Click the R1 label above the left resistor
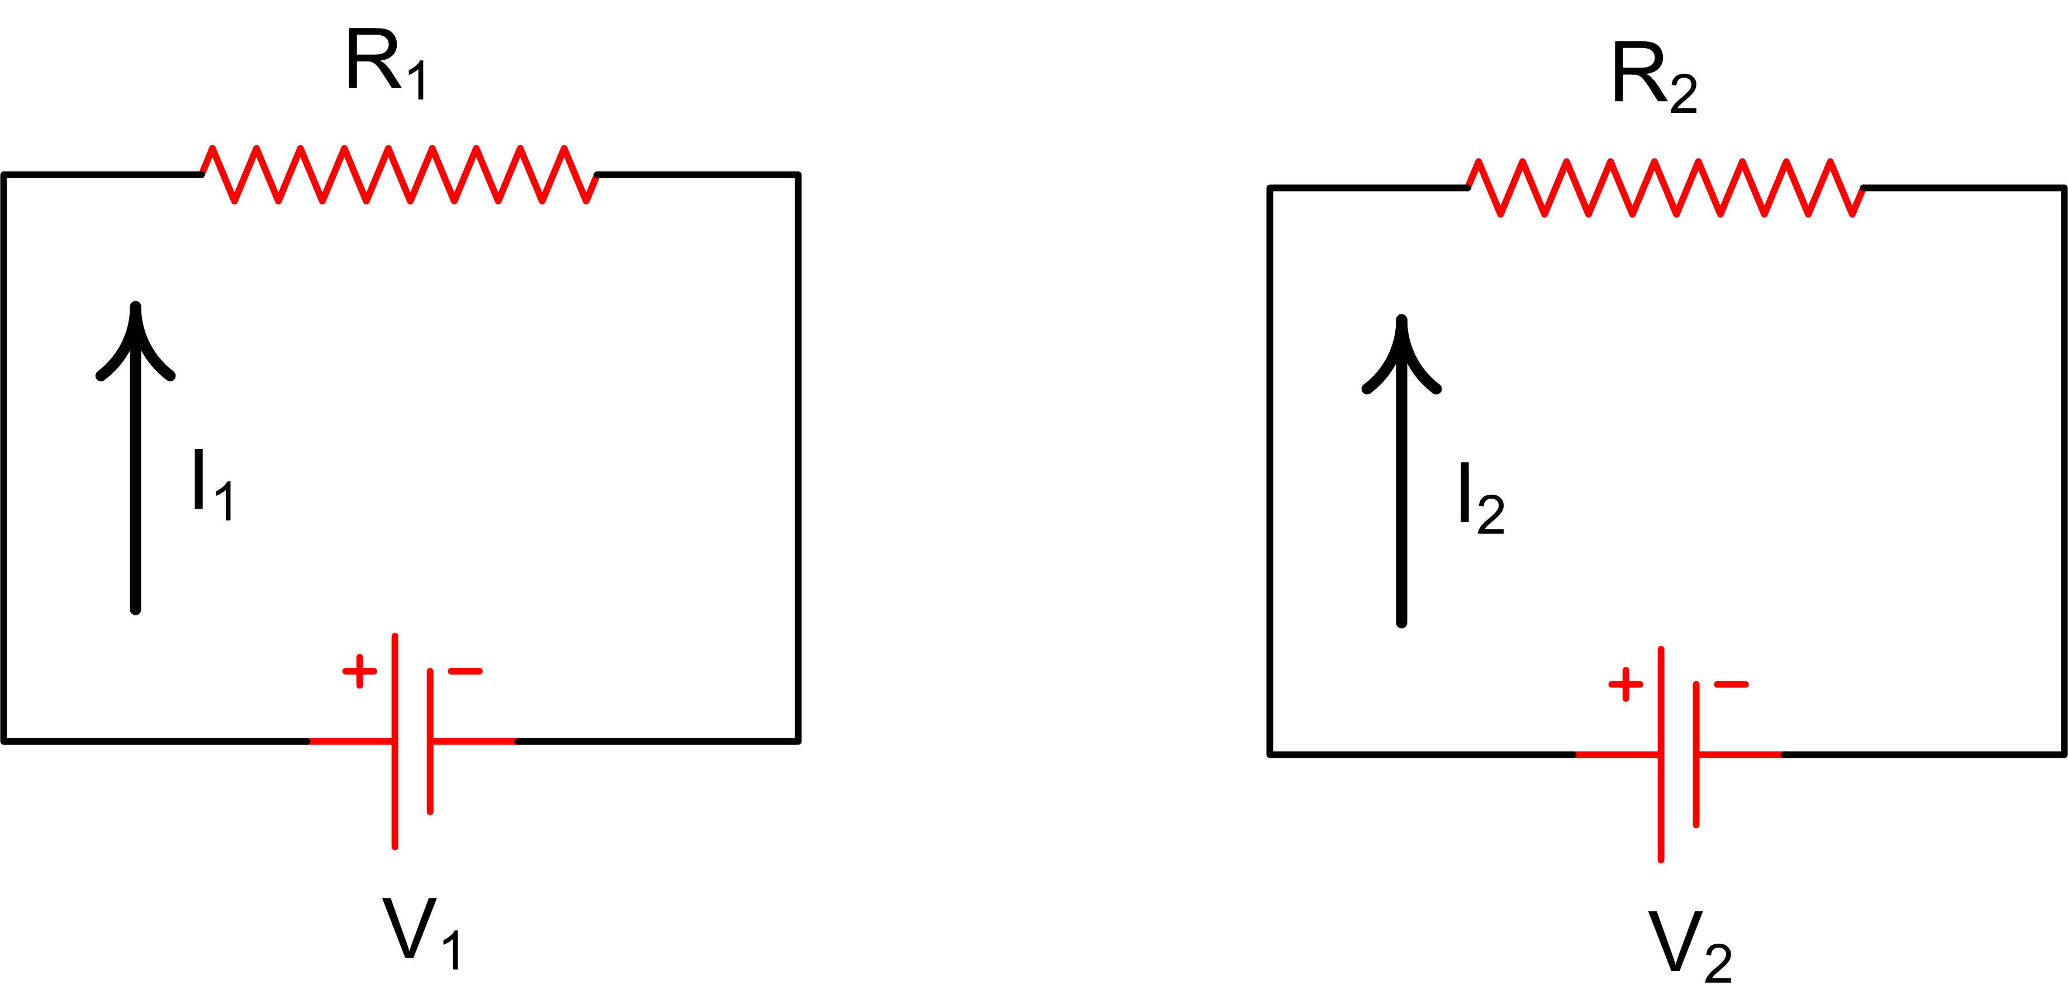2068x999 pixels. coord(387,64)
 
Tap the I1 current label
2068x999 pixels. coord(213,485)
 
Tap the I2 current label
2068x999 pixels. coord(1482,498)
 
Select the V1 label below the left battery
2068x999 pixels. coord(421,933)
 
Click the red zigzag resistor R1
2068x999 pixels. coord(399,174)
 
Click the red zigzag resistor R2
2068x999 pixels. coord(1666,188)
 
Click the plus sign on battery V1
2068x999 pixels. coord(360,671)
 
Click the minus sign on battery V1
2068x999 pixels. coord(465,671)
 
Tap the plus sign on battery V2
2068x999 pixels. coord(1625,685)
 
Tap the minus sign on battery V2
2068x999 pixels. coord(1731,685)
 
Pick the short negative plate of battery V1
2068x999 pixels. coord(430,742)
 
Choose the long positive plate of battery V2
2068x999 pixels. coord(1661,754)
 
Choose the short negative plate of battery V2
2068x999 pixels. coord(1696,754)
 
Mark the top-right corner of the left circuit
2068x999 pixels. coord(798,174)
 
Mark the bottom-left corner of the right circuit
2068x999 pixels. coord(1269,754)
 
